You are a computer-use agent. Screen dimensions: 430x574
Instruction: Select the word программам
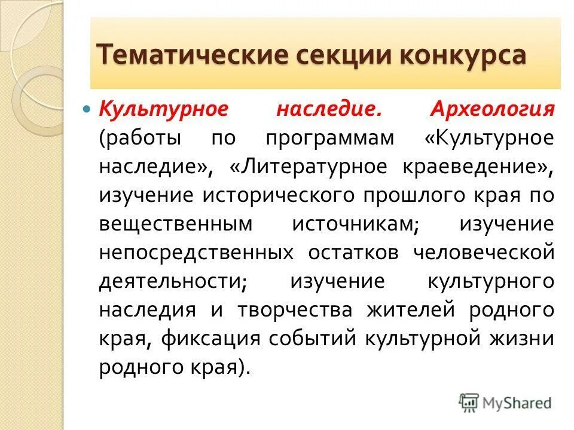pyautogui.click(x=330, y=138)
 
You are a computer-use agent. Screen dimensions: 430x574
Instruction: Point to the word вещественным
pyautogui.click(x=176, y=223)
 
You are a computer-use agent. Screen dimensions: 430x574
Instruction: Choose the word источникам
pyautogui.click(x=355, y=223)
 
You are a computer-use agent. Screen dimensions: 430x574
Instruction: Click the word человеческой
pyautogui.click(x=484, y=252)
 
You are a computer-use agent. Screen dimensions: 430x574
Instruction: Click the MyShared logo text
pyautogui.click(x=518, y=403)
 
